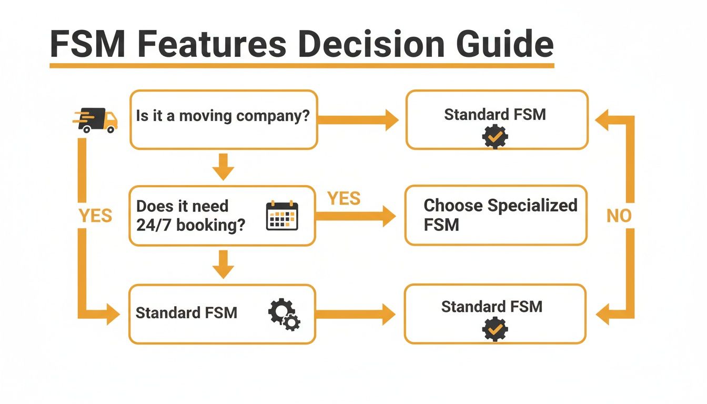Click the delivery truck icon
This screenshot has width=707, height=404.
click(x=95, y=120)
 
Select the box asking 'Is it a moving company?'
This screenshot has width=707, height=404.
click(x=224, y=119)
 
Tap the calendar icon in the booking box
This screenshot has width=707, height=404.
click(x=282, y=216)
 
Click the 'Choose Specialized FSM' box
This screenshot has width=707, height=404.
click(x=496, y=215)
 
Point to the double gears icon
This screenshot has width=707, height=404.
click(x=284, y=314)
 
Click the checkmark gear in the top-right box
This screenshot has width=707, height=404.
click(x=495, y=137)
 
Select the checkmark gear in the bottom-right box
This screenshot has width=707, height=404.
click(x=494, y=329)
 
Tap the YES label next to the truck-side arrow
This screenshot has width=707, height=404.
click(x=95, y=216)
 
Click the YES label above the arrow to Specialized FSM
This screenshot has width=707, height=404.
click(x=344, y=198)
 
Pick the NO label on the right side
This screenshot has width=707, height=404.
click(x=619, y=216)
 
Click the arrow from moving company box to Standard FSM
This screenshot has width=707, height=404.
click(x=358, y=120)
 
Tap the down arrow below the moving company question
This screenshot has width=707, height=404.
click(x=223, y=167)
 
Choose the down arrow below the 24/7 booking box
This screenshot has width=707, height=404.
click(x=223, y=264)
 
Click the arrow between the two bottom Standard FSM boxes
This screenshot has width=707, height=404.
click(x=355, y=315)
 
